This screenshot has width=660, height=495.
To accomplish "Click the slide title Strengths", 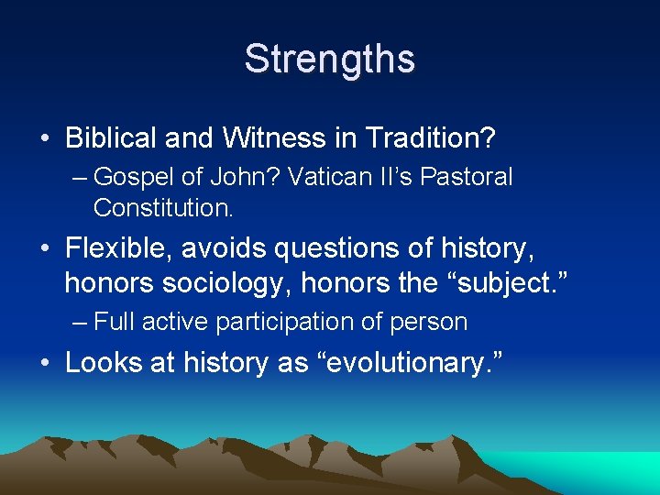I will coord(329,59).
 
